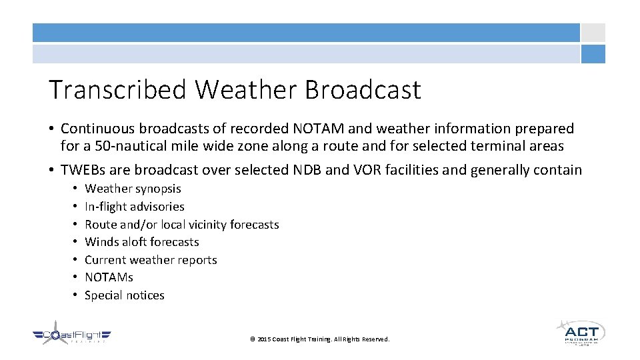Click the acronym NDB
(x=307, y=170)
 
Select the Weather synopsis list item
(x=133, y=189)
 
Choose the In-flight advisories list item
(x=134, y=207)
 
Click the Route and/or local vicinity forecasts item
(x=181, y=225)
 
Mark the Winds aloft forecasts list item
(x=141, y=242)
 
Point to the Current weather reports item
(x=151, y=260)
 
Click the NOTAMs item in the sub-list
(x=109, y=277)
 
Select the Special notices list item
(x=124, y=295)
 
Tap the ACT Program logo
(x=581, y=333)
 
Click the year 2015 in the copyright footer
(x=263, y=339)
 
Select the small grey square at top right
(x=593, y=33)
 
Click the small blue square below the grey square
(x=593, y=54)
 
